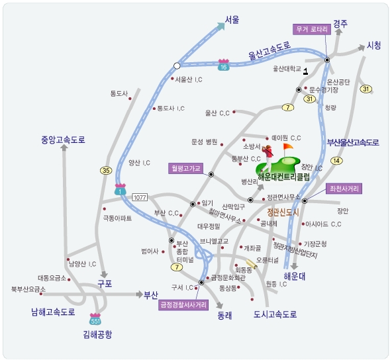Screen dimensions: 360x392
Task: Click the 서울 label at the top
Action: point(231,20)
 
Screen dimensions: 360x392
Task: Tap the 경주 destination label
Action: point(340,23)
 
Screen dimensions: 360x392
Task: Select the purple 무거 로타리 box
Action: point(311,29)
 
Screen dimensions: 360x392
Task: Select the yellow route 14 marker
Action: point(337,161)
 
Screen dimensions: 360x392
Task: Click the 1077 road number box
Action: point(139,197)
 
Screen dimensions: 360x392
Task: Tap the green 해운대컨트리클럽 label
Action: point(283,177)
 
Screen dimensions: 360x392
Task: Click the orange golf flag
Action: point(287,147)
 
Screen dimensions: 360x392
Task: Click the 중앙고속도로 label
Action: point(63,140)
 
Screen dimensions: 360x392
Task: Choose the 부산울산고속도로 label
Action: point(352,142)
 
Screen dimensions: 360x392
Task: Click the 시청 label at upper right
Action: point(374,46)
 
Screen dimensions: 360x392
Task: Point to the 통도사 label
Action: point(119,93)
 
